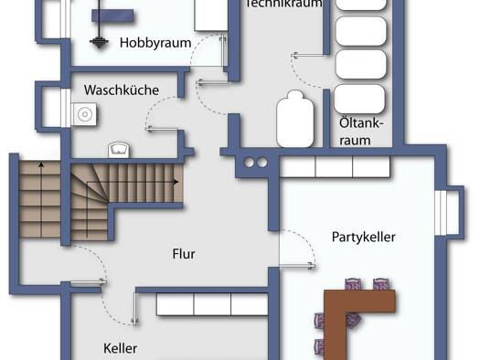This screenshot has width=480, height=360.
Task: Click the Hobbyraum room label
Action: [x=155, y=43]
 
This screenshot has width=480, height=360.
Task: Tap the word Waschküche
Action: [x=122, y=90]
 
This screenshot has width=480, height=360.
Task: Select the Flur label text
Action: [x=184, y=254]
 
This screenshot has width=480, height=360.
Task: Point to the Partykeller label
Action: [x=363, y=237]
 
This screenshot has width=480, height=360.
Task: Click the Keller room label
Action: [x=121, y=348]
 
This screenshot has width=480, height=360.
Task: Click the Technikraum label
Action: [x=283, y=3]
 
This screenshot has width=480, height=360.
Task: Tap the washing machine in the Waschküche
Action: [x=85, y=114]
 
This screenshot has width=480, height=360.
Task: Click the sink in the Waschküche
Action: [x=119, y=150]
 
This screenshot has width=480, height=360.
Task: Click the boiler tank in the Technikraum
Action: [x=295, y=120]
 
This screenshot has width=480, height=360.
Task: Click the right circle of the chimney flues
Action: [x=262, y=163]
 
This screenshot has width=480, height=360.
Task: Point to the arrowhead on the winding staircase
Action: [x=176, y=182]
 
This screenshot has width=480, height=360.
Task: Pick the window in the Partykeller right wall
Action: [x=442, y=212]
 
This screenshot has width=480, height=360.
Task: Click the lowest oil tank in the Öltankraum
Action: [x=359, y=99]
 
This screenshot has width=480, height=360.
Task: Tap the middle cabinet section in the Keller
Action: [x=212, y=304]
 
